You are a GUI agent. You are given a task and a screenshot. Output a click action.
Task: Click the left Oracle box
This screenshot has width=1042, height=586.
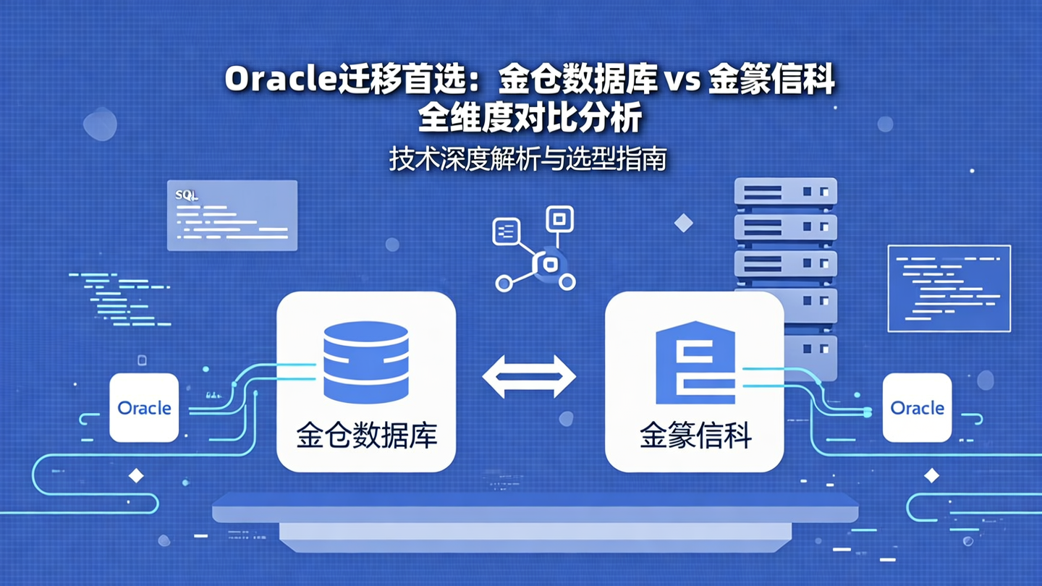click(144, 407)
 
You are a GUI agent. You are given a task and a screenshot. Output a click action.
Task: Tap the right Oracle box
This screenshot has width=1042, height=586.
click(917, 407)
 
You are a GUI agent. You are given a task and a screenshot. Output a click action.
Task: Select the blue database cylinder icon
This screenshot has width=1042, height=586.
click(366, 362)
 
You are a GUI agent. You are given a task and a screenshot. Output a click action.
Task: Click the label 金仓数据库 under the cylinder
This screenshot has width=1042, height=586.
click(366, 436)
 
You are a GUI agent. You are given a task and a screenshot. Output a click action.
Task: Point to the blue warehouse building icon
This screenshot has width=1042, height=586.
click(695, 362)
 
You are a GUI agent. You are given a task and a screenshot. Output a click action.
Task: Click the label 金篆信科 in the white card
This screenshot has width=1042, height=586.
click(695, 436)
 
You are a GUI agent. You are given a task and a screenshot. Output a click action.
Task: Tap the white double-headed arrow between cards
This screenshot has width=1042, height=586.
click(529, 376)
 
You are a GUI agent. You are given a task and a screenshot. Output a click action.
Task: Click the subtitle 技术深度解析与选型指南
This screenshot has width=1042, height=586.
click(528, 159)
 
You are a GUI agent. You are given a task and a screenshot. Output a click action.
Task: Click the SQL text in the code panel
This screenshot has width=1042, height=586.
click(187, 195)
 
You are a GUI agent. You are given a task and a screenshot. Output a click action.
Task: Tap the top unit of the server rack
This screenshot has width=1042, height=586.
click(785, 192)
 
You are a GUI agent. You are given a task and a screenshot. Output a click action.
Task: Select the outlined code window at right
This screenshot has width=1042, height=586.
click(949, 288)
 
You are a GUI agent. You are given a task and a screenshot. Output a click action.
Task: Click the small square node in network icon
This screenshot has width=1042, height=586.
click(558, 218)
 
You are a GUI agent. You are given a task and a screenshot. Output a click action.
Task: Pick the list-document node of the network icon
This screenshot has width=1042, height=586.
click(506, 232)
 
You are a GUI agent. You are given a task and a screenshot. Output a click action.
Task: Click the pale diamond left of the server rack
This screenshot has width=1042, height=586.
click(684, 224)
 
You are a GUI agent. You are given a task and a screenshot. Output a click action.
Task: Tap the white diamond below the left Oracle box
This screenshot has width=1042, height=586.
click(135, 475)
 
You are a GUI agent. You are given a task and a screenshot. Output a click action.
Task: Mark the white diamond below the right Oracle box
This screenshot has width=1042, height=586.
click(932, 475)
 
